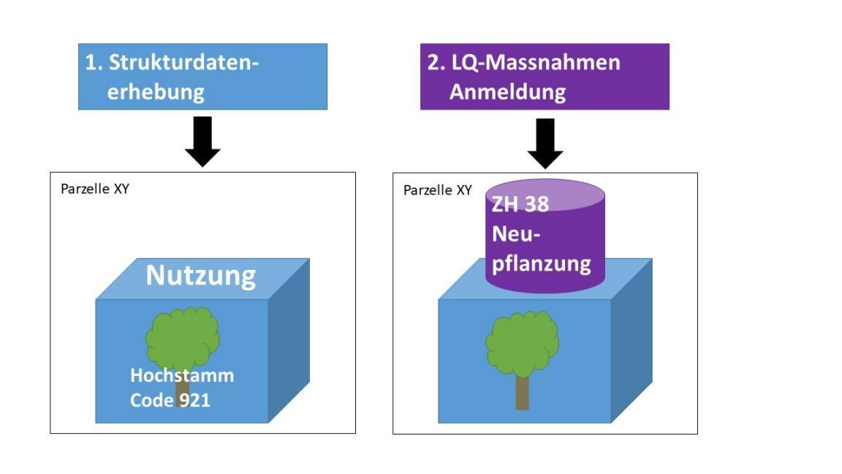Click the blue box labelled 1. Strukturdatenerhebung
pyautogui.click(x=202, y=77)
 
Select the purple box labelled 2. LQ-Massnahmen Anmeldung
pyautogui.click(x=545, y=77)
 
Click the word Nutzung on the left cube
pyautogui.click(x=201, y=276)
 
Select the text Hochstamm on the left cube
pyautogui.click(x=182, y=376)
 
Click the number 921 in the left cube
pyautogui.click(x=195, y=400)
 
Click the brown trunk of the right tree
pyautogui.click(x=522, y=393)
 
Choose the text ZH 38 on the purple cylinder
pyautogui.click(x=520, y=204)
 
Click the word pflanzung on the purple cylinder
pyautogui.click(x=541, y=263)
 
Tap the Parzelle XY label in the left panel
pyautogui.click(x=94, y=189)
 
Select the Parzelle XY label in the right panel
pyautogui.click(x=438, y=190)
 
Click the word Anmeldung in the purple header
pyautogui.click(x=507, y=92)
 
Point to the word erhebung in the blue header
pyautogui.click(x=155, y=92)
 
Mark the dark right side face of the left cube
pyautogui.click(x=289, y=340)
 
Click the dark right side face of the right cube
pyautogui.click(x=631, y=340)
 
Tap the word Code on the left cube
pyautogui.click(x=151, y=400)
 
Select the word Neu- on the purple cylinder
pyautogui.click(x=516, y=234)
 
